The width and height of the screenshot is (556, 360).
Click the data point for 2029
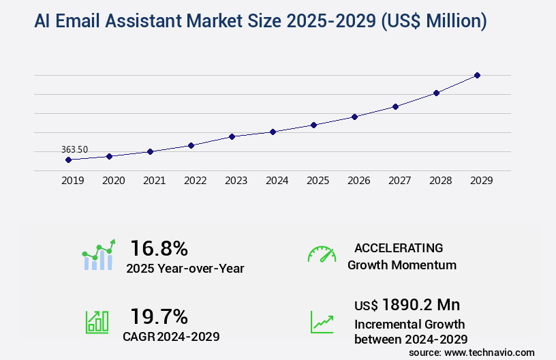[x=477, y=75]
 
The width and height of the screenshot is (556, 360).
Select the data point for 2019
[x=68, y=160]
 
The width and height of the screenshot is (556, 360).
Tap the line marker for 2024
[x=273, y=132]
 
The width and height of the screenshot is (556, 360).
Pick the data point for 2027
[x=395, y=106]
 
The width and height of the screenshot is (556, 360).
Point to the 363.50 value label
[x=74, y=149]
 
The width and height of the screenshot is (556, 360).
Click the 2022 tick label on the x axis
[x=195, y=181]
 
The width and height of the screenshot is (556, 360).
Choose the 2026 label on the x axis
[x=358, y=181]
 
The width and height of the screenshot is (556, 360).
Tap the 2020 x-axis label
[x=113, y=181]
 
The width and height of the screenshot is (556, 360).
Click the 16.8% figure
[x=159, y=247]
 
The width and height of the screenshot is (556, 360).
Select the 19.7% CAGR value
[x=159, y=316]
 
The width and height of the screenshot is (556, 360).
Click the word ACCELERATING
[x=399, y=247]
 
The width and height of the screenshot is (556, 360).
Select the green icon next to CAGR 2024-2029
[x=97, y=321]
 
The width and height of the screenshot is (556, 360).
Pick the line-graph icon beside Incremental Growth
[x=322, y=321]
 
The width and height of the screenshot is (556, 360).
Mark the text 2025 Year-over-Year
[x=185, y=268]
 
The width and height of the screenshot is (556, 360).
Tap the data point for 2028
[x=436, y=93]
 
